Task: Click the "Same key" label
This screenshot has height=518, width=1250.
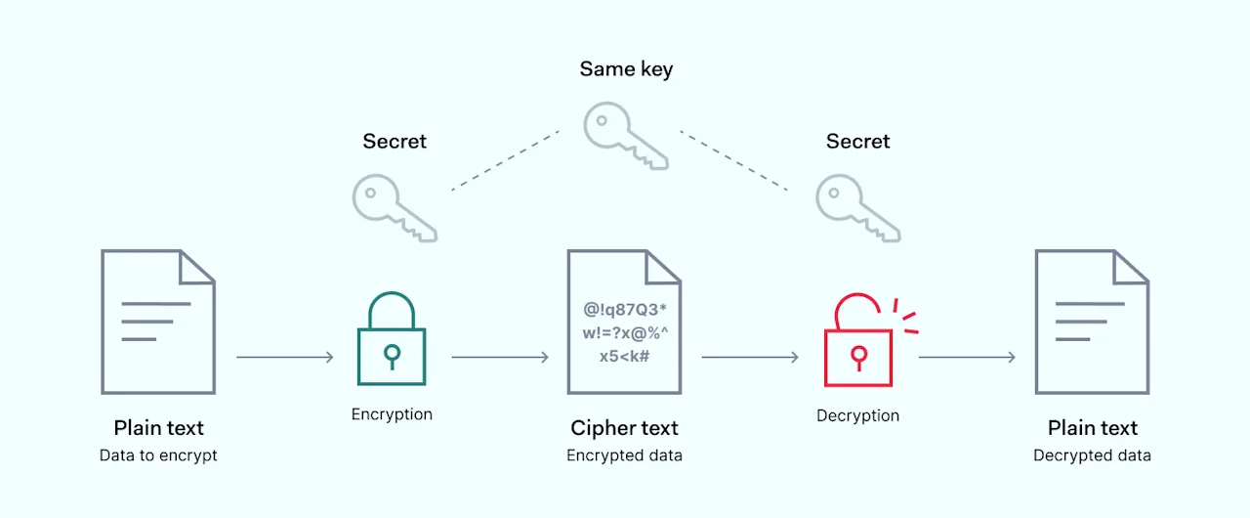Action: (x=626, y=69)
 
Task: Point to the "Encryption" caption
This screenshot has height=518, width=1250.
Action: (x=392, y=414)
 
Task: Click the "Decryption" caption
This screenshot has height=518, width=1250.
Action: (x=857, y=415)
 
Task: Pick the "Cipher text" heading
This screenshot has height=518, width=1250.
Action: (x=624, y=428)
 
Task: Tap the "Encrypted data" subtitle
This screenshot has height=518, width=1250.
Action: (x=624, y=455)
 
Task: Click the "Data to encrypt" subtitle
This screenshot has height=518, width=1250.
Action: (x=158, y=455)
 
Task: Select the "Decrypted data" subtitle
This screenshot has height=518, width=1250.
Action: (x=1092, y=455)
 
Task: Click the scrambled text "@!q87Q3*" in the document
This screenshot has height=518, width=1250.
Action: (x=625, y=309)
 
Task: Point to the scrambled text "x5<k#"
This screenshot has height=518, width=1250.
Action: (x=624, y=356)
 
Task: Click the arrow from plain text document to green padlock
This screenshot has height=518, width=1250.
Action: (x=285, y=357)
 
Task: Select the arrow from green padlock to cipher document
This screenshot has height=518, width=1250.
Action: (x=501, y=357)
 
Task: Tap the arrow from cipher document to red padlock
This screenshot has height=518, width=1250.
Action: (x=750, y=357)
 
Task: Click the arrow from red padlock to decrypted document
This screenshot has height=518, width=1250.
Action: (x=967, y=357)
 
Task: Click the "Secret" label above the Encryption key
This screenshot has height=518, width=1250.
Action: (x=395, y=141)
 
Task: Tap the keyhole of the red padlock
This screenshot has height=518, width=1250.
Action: (x=858, y=358)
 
